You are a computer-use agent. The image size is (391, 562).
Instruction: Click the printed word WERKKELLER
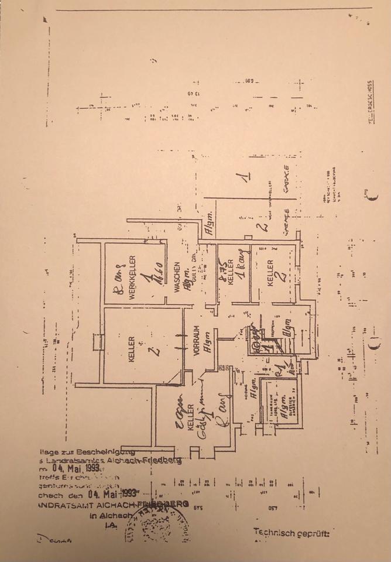pos(133,277)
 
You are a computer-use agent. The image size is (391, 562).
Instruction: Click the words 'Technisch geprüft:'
pos(291,532)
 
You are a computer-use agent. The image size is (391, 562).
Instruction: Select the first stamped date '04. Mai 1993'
pos(73,468)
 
